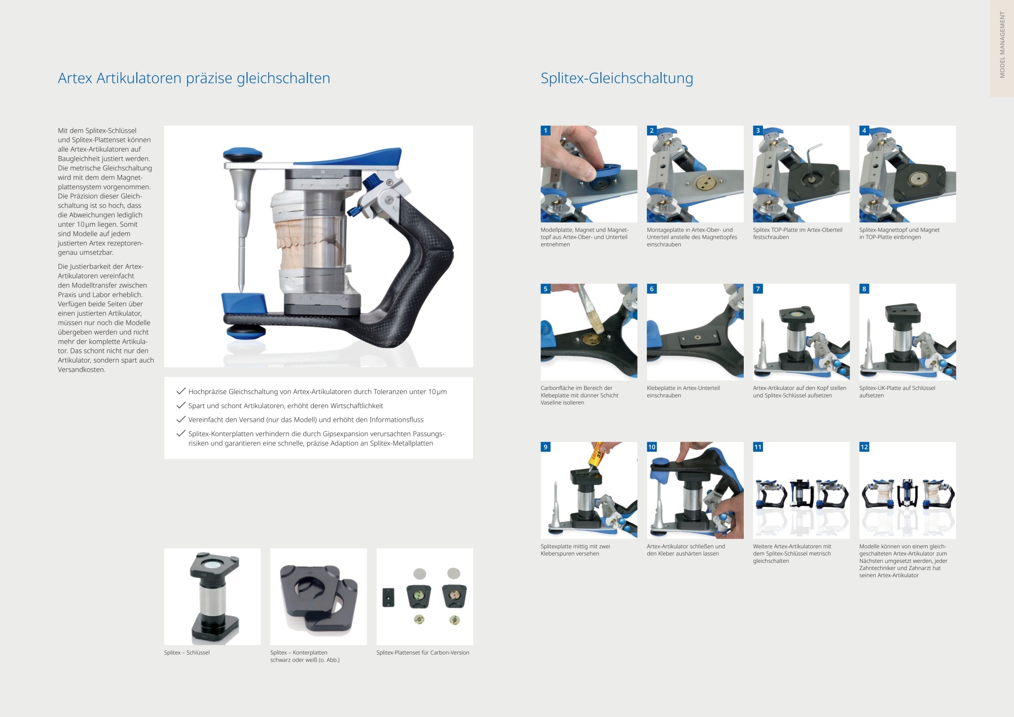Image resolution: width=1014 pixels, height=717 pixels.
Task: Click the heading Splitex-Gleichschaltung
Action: [x=617, y=79]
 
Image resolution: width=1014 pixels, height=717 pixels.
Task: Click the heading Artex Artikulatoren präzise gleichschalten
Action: [x=194, y=79]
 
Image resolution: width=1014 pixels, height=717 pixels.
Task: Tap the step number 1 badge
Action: [x=546, y=131]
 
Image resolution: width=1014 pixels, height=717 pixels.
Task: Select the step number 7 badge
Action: [x=758, y=289]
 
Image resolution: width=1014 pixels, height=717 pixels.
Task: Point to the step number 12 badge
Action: [x=864, y=447]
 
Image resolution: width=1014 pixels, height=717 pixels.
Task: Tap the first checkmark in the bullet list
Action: [x=180, y=391]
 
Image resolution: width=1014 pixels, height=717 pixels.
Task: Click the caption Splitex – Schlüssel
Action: [x=187, y=653]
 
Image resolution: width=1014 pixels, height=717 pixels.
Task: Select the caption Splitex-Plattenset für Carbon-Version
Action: [x=423, y=653]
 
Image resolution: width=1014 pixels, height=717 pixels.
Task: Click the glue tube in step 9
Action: [x=596, y=455]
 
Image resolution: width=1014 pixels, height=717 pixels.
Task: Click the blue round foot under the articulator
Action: [x=245, y=332]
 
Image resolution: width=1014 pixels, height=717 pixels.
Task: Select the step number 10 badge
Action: [x=652, y=447]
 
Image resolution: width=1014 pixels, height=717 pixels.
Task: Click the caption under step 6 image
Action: [x=683, y=392]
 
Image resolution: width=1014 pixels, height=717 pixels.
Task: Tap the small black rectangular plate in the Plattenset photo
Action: [x=388, y=597]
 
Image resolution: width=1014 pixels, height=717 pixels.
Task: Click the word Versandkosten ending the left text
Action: [x=82, y=370]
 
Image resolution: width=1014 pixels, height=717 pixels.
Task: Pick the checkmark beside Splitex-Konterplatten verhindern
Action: [x=180, y=434]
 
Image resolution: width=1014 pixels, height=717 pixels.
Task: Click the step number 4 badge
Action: [x=864, y=131]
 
